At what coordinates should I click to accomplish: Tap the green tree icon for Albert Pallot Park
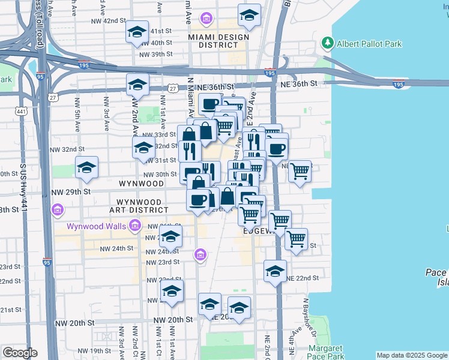(x=328, y=43)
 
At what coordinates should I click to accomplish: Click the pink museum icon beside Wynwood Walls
(x=134, y=226)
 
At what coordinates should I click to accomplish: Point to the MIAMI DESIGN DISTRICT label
(x=218, y=41)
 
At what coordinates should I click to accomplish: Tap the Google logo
(x=20, y=353)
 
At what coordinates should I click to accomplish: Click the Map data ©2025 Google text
(x=412, y=355)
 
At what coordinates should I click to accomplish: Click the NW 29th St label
(x=70, y=191)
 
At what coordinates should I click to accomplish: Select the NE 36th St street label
(x=298, y=84)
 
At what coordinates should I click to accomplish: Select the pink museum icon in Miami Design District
(x=207, y=20)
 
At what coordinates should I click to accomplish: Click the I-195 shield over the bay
(x=399, y=85)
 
